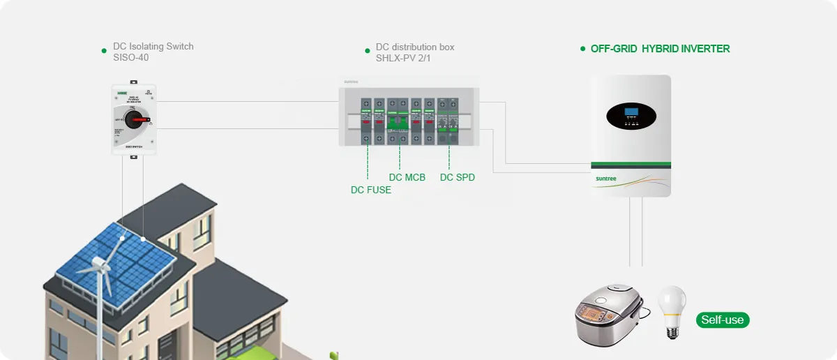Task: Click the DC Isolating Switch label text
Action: pos(153,47)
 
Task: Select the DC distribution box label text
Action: pos(415,47)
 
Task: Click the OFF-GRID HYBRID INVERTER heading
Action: pos(660,49)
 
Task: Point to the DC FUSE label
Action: pos(370,190)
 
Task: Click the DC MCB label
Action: pos(407,177)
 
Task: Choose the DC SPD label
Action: pos(457,177)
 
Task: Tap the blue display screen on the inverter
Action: pos(631,112)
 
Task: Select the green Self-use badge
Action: pos(723,320)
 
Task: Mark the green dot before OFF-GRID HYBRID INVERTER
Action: pos(582,49)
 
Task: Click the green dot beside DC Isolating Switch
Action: pos(104,50)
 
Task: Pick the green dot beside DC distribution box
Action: pos(367,50)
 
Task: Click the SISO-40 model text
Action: pos(130,58)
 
